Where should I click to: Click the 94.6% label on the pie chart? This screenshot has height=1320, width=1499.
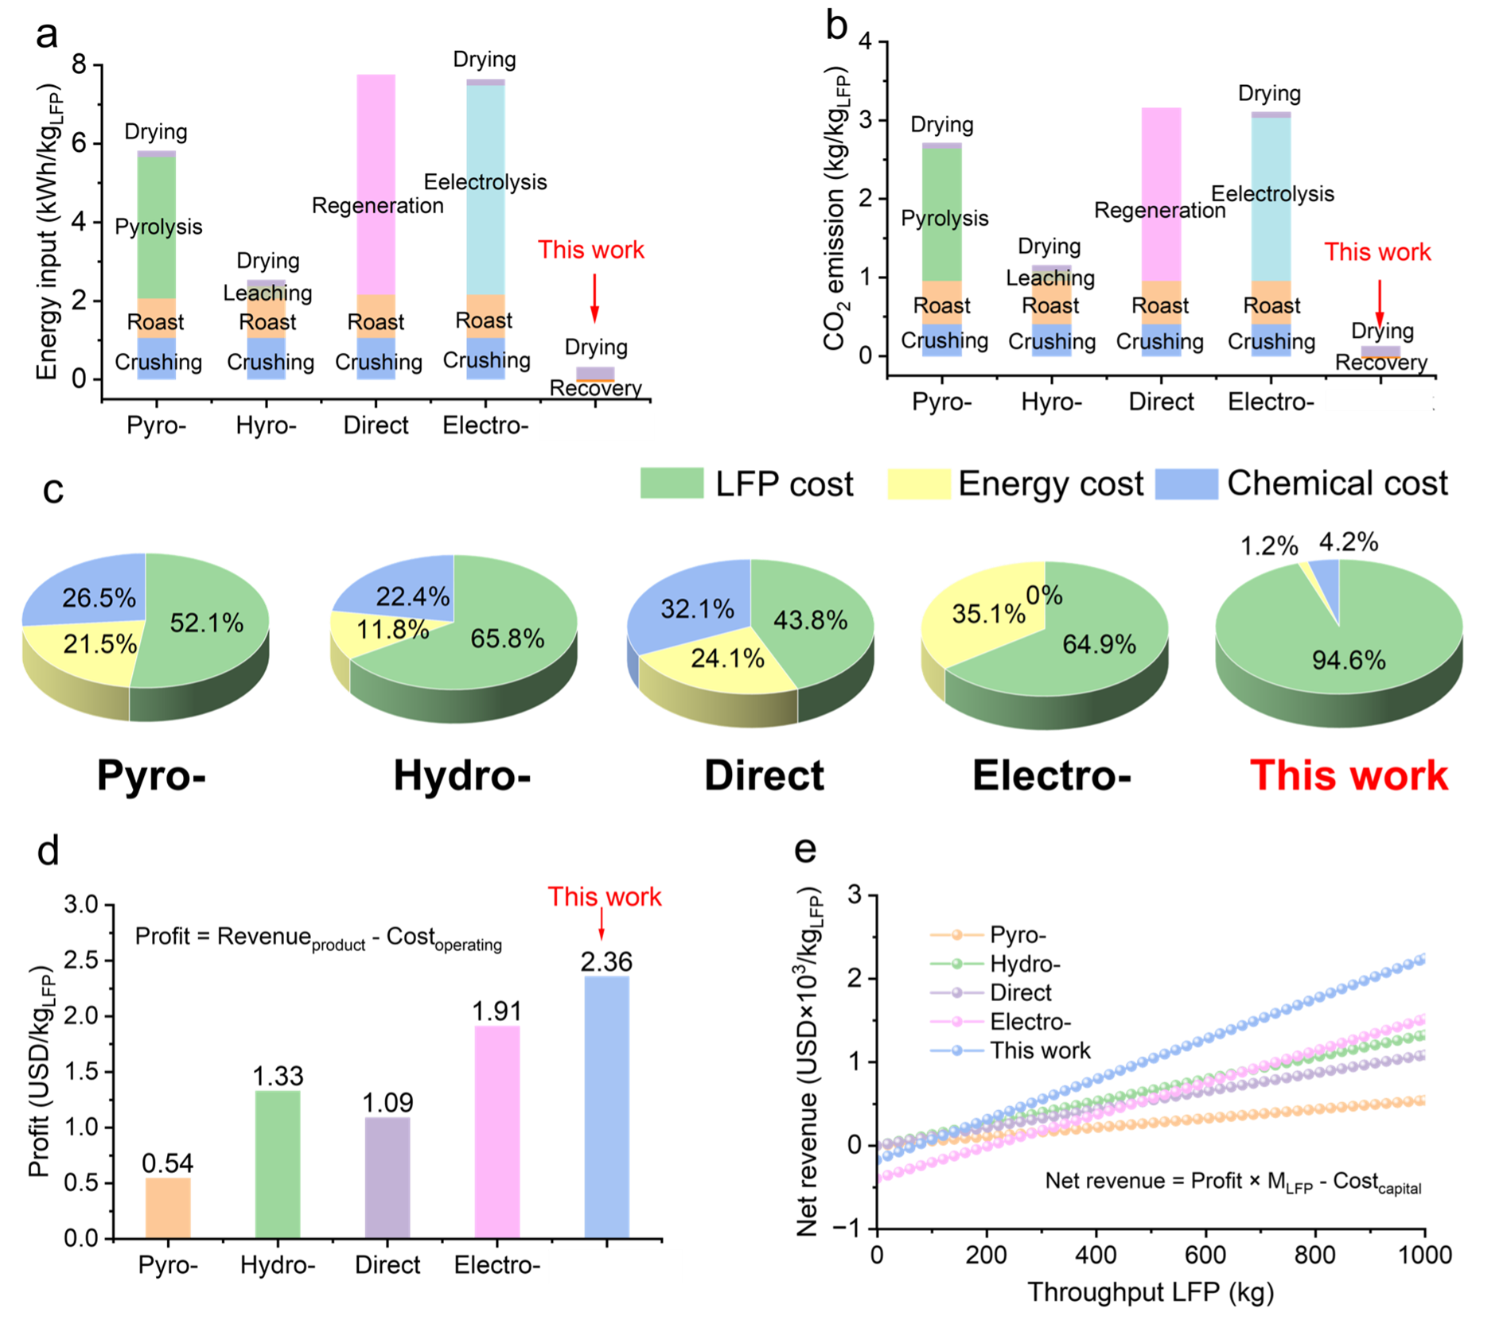[1349, 660]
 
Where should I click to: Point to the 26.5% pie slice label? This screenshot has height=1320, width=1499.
[99, 598]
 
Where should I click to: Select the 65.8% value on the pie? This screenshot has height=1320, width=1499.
[507, 638]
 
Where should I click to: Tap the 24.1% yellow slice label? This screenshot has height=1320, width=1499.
[727, 658]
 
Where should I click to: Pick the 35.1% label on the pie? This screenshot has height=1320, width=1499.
[988, 614]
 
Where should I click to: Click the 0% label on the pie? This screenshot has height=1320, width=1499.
[1044, 595]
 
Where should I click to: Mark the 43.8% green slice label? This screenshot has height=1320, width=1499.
[810, 620]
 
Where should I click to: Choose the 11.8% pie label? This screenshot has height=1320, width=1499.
[392, 630]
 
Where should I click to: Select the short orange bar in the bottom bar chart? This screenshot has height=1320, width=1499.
[168, 1207]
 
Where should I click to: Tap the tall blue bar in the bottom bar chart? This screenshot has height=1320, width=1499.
[607, 1105]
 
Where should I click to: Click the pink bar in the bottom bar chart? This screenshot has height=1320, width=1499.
[497, 1130]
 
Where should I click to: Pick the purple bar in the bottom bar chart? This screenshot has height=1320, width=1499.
[387, 1176]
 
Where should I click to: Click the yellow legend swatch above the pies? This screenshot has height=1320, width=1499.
[919, 484]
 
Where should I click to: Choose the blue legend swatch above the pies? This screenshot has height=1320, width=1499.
[1186, 484]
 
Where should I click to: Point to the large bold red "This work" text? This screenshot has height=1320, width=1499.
[1349, 775]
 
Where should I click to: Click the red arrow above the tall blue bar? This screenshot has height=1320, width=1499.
[602, 925]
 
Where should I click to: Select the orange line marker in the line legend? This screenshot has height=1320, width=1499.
[957, 934]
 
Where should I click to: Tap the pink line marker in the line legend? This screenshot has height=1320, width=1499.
[957, 1021]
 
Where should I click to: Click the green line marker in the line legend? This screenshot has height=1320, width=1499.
[957, 964]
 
